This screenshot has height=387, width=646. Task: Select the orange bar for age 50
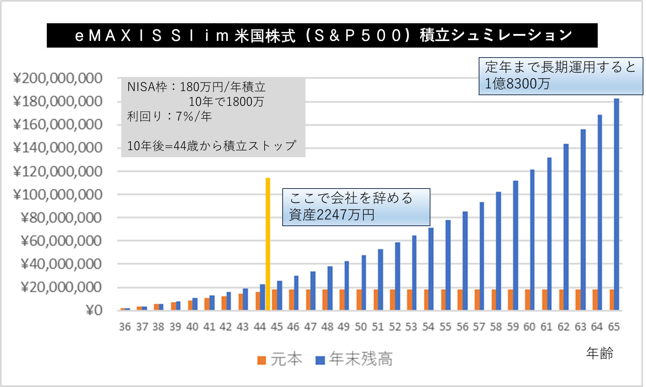tap(359, 300)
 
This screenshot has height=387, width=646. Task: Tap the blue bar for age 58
tap(498, 251)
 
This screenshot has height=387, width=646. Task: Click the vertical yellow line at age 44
tap(268, 243)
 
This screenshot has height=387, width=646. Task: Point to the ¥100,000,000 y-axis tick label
tap(57, 195)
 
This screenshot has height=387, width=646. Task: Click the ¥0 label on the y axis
tap(94, 310)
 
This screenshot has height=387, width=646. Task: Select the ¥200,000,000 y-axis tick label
tap(57, 79)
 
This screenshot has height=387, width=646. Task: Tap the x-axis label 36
tap(125, 327)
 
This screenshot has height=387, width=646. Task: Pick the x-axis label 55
tap(445, 327)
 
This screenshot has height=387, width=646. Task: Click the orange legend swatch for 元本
tap(262, 360)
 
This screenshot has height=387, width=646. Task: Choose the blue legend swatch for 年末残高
tap(320, 360)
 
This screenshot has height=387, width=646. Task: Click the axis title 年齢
tap(600, 353)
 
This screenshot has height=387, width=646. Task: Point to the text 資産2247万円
tap(332, 215)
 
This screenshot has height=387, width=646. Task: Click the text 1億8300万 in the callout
tap(517, 84)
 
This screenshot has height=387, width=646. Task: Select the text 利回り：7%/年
tap(170, 117)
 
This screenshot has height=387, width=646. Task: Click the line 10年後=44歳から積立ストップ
tap(212, 146)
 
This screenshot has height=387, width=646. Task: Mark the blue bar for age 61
tap(549, 234)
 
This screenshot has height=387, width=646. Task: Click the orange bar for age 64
tap(595, 300)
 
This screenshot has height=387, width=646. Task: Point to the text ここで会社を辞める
tap(351, 198)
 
